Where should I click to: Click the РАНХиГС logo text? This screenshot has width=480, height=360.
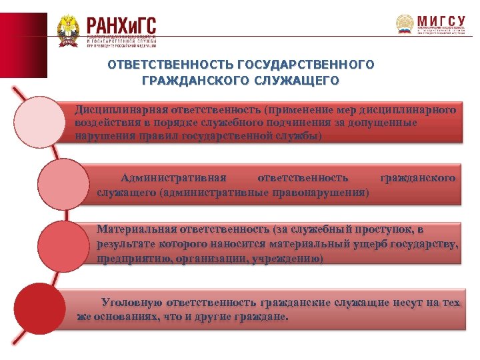coord(121,26)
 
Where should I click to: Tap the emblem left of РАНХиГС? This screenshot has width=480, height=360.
coord(67,31)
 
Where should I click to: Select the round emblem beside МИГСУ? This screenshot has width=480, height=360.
coord(405,25)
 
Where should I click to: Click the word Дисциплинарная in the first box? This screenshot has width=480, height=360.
coord(120,108)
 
